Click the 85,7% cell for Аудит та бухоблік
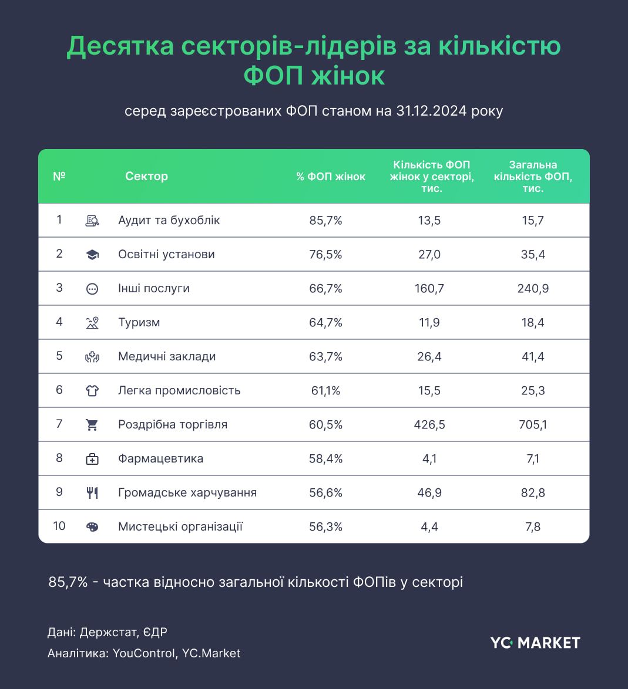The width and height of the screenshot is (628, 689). click(x=325, y=221)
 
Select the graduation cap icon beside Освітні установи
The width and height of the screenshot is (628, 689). click(x=92, y=255)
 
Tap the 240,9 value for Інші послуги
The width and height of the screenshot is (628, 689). click(x=533, y=289)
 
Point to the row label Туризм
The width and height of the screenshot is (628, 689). click(x=139, y=323)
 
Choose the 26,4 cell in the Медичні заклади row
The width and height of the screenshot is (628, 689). click(x=429, y=357)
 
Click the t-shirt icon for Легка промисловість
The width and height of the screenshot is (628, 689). click(x=92, y=391)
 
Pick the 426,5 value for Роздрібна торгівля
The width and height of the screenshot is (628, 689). click(x=429, y=425)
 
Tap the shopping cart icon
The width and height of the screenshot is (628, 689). click(x=92, y=425)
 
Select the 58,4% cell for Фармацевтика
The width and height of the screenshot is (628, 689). click(x=325, y=459)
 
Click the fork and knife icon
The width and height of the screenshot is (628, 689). click(x=92, y=493)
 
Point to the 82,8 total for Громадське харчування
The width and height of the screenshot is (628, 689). click(x=533, y=493)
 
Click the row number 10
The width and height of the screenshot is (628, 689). click(x=59, y=526)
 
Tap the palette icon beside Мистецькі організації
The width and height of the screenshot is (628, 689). click(x=92, y=527)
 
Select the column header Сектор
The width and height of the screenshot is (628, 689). click(x=146, y=176)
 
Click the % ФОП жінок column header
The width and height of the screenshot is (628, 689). click(x=331, y=177)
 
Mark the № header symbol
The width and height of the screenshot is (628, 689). click(x=59, y=176)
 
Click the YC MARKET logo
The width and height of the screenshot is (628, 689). click(x=535, y=643)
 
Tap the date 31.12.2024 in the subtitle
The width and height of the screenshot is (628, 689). click(x=431, y=111)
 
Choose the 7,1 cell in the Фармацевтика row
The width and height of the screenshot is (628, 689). click(x=533, y=459)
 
